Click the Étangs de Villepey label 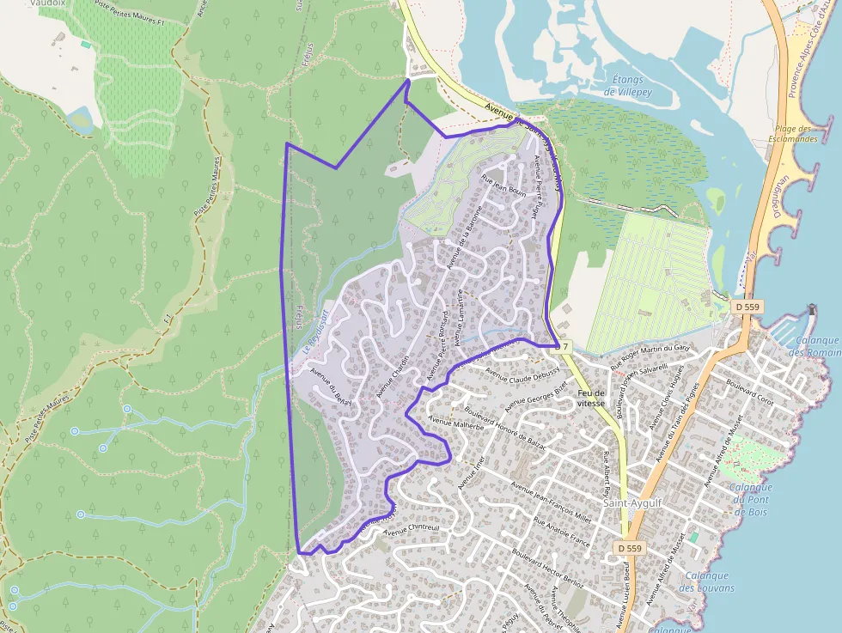pyautogui.click(x=623, y=85)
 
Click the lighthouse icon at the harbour pyautogui.click(x=812, y=309)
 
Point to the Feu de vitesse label pyautogui.click(x=593, y=398)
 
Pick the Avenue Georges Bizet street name pyautogui.click(x=536, y=392)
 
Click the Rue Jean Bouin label pyautogui.click(x=503, y=186)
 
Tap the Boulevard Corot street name pyautogui.click(x=749, y=393)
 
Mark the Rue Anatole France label pyautogui.click(x=562, y=533)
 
